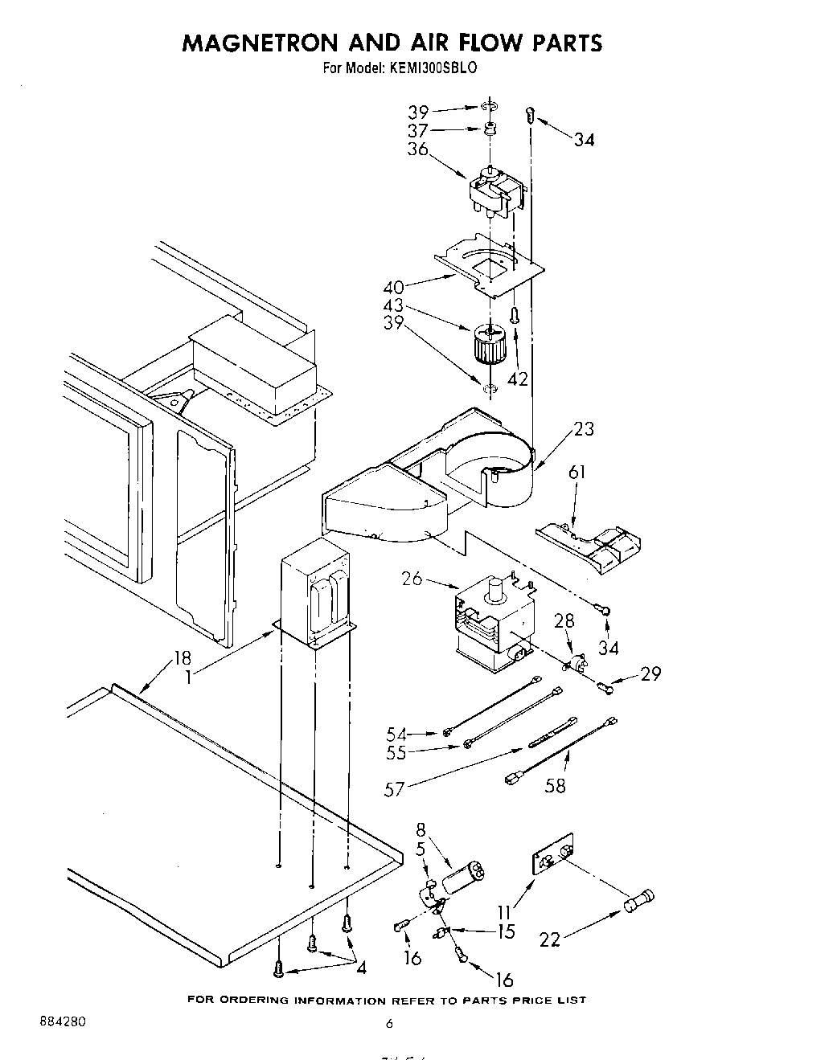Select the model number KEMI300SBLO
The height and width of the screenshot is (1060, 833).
pyautogui.click(x=434, y=68)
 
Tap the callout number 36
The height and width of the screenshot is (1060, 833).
pyautogui.click(x=417, y=149)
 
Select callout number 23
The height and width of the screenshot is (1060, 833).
pyautogui.click(x=585, y=428)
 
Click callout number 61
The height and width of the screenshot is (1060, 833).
pyautogui.click(x=577, y=472)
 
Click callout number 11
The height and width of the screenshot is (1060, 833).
pyautogui.click(x=504, y=913)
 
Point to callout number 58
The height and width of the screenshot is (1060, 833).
pyautogui.click(x=555, y=785)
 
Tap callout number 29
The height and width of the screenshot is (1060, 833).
pyautogui.click(x=650, y=673)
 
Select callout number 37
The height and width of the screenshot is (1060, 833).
pyautogui.click(x=417, y=130)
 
